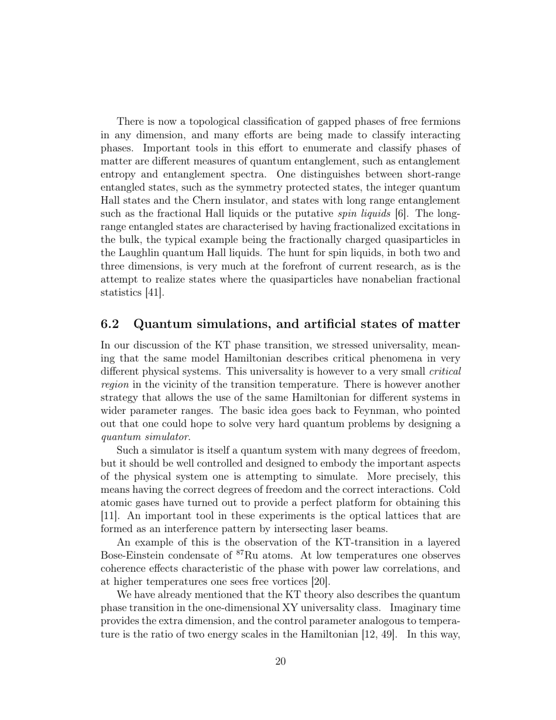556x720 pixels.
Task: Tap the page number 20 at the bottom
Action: [280, 661]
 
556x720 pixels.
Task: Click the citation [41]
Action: [154, 292]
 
